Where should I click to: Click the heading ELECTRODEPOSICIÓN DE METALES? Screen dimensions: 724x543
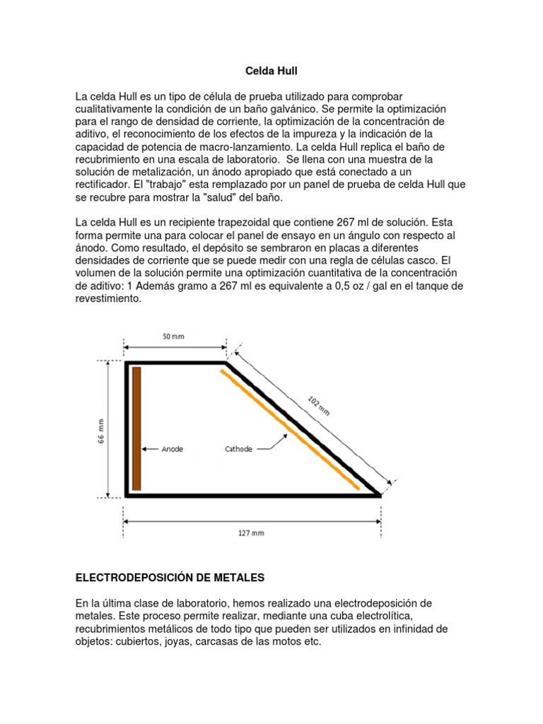click(170, 578)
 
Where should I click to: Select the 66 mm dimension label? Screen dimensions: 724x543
click(101, 429)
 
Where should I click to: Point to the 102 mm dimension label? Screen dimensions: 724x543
click(320, 405)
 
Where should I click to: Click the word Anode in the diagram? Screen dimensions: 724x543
click(173, 448)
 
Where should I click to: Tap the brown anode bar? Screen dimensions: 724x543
click(136, 428)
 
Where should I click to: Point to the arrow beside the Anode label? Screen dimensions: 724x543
click(150, 448)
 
